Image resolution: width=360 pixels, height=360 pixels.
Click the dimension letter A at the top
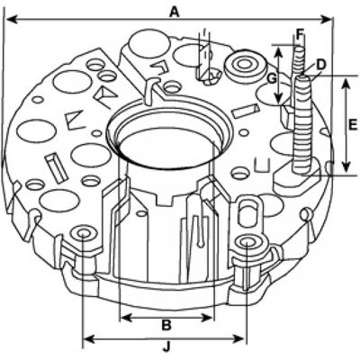[175, 12]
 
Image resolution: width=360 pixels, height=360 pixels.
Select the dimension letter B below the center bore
[166, 325]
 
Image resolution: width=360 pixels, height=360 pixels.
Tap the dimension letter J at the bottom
[166, 347]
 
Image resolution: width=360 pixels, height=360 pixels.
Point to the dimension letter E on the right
[353, 124]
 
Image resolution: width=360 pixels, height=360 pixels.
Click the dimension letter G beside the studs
[272, 79]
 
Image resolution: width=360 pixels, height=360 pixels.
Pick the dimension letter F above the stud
[300, 34]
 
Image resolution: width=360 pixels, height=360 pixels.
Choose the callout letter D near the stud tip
[321, 65]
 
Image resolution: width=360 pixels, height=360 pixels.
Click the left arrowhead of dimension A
[11, 20]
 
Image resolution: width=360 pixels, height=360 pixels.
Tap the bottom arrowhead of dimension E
[346, 166]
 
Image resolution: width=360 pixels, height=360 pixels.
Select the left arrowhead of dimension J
[87, 339]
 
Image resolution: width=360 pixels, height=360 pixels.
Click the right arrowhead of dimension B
[208, 318]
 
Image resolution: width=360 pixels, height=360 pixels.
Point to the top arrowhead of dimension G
[279, 51]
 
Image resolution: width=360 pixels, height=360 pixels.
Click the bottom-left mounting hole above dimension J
[83, 233]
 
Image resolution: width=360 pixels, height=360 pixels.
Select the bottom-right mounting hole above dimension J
[247, 242]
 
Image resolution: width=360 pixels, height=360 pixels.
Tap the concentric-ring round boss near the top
[245, 65]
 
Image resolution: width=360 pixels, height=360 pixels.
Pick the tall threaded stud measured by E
[302, 124]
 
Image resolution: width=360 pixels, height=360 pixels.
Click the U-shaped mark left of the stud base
[263, 165]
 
